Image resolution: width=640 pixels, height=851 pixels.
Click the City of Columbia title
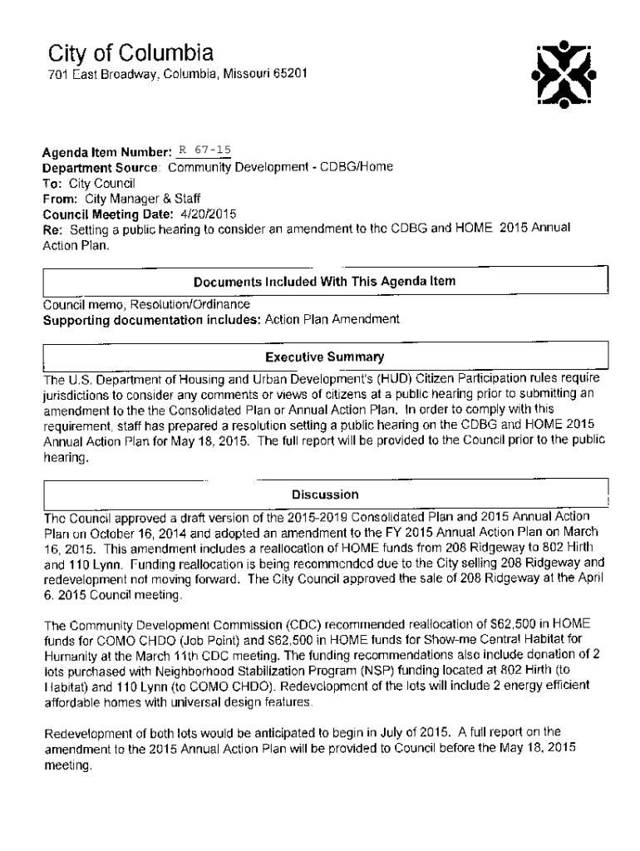click(130, 54)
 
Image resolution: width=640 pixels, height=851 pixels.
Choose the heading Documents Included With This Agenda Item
click(324, 281)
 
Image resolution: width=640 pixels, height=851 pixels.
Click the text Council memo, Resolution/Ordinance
click(146, 304)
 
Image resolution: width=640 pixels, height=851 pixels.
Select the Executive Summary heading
click(324, 357)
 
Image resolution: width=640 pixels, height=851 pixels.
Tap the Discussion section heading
click(325, 494)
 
